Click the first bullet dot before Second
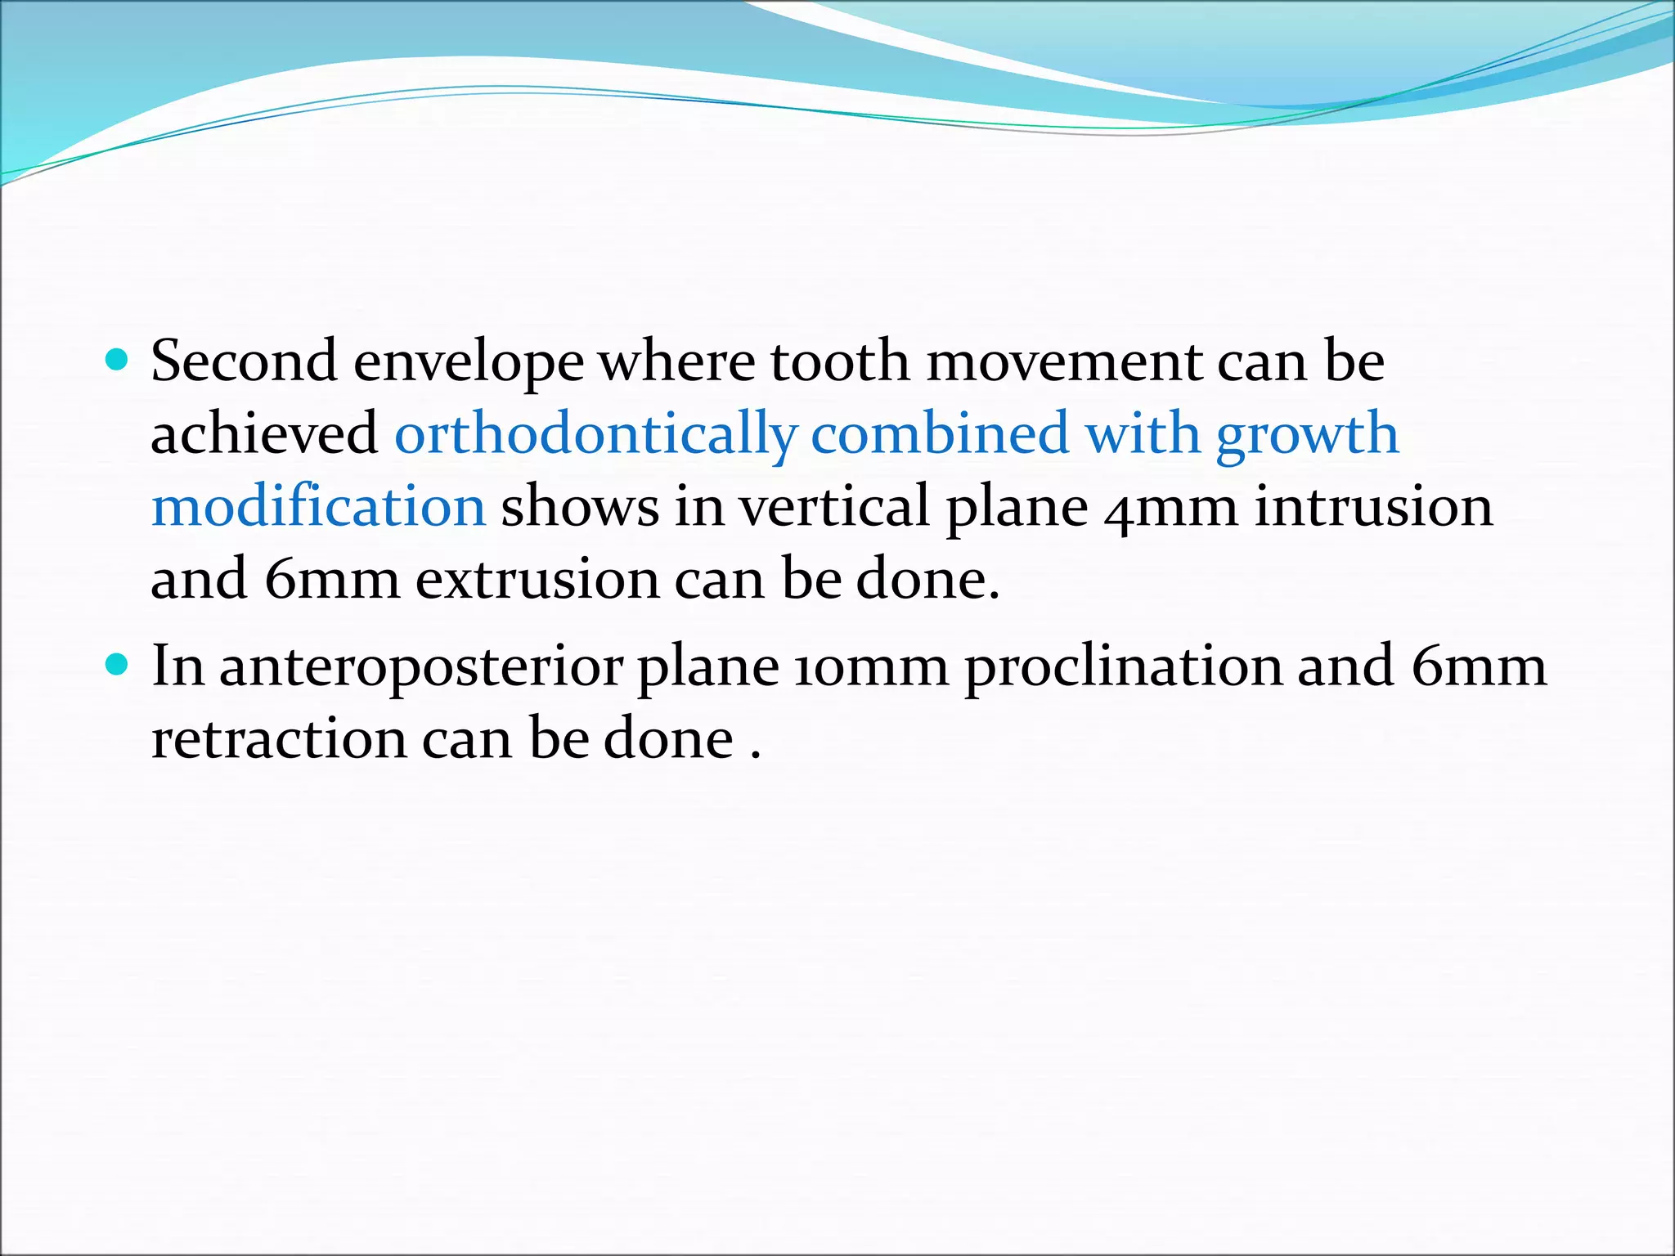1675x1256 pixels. [x=118, y=359]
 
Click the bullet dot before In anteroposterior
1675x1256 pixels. [x=118, y=664]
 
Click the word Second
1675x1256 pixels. [x=244, y=361]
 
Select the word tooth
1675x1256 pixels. [x=839, y=361]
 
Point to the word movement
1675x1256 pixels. [x=1063, y=362]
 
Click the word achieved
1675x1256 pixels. [x=263, y=433]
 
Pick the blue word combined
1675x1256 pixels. [x=939, y=433]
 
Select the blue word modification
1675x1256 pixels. [x=319, y=506]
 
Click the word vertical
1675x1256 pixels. [x=834, y=506]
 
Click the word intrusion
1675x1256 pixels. [x=1374, y=506]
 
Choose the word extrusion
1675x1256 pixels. [x=537, y=579]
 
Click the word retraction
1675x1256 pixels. [x=279, y=739]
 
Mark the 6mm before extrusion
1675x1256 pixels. [x=332, y=579]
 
